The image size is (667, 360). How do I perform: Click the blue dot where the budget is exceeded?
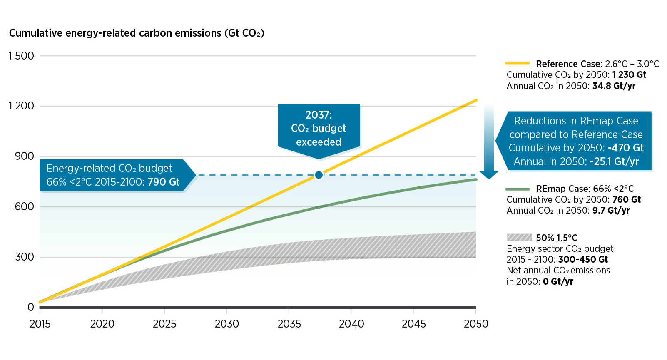coord(319,175)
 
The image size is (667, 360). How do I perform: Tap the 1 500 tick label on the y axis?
coord(21,56)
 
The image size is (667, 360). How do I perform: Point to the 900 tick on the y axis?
coord(25,156)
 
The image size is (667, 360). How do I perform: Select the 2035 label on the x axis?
coord(289,324)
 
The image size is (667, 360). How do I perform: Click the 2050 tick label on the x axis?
coord(476,324)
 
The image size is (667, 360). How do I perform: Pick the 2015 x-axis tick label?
coord(40,324)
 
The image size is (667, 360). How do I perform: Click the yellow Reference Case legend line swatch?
coord(517,63)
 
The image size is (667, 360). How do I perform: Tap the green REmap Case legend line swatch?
coord(517,189)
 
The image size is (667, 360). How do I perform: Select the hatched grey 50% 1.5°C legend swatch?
coord(519,238)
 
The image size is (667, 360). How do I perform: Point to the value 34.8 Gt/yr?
coord(614,86)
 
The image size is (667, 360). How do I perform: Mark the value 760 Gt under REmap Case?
coord(626,200)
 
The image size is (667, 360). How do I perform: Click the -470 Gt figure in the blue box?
coord(625,148)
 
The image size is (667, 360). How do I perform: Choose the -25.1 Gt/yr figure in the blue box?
coord(614,161)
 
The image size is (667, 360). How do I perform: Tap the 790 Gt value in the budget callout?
coord(164,182)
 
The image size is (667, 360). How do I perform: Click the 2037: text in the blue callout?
coord(319,115)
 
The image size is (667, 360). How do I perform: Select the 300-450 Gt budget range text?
coord(583,260)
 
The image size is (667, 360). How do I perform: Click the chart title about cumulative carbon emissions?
coord(137,33)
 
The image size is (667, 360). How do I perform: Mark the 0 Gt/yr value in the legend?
coord(558,282)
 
